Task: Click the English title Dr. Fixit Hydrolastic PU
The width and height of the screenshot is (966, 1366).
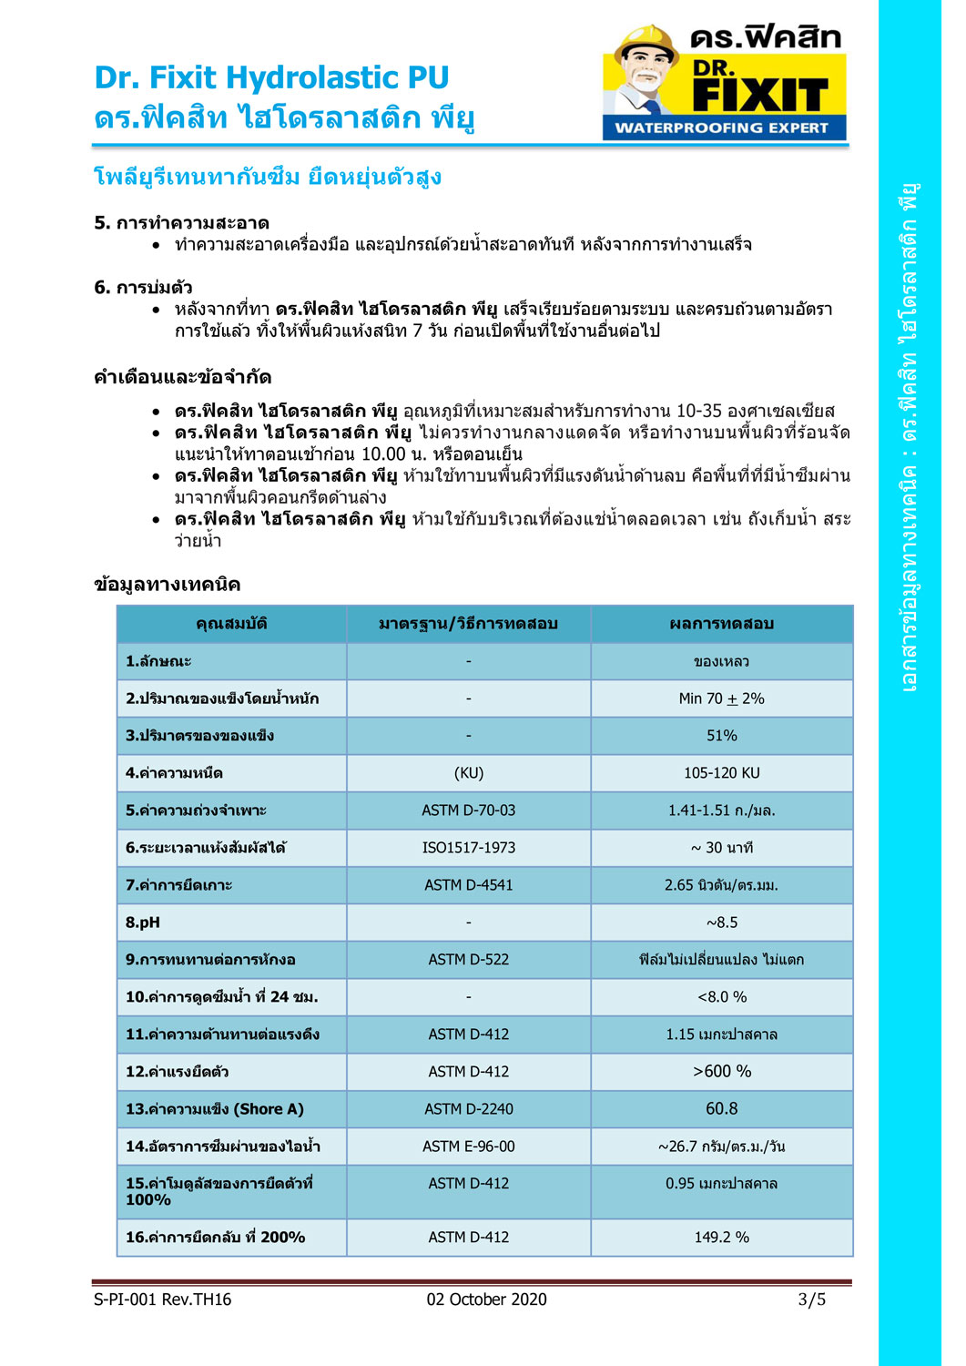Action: (x=271, y=77)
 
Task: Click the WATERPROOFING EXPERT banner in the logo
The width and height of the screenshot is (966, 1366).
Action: (x=722, y=127)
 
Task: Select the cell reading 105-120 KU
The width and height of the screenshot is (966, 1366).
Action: (x=721, y=773)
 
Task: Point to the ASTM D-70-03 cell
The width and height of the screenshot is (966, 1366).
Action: (x=468, y=810)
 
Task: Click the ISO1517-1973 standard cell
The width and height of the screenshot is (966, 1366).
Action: (x=468, y=848)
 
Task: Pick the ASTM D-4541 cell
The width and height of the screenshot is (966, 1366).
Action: (x=468, y=885)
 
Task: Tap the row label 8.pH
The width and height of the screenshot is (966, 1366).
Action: (x=143, y=923)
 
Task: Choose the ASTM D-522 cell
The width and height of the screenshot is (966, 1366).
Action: (x=468, y=960)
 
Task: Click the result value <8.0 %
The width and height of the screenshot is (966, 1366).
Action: (x=721, y=997)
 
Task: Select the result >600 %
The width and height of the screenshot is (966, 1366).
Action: (x=721, y=1072)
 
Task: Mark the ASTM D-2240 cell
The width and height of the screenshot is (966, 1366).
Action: (x=468, y=1109)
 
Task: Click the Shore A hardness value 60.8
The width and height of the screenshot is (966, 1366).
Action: (x=721, y=1109)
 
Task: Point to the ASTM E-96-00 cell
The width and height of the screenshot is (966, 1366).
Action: (x=468, y=1147)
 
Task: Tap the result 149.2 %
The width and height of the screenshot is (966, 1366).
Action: (x=721, y=1238)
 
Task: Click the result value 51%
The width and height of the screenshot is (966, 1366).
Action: (x=721, y=736)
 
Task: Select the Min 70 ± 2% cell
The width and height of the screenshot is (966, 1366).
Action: (x=721, y=698)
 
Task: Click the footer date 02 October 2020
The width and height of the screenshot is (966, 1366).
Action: (x=486, y=1300)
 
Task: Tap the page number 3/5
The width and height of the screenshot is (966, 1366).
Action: (x=811, y=1300)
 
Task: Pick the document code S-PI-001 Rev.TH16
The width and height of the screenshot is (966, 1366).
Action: (x=162, y=1300)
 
